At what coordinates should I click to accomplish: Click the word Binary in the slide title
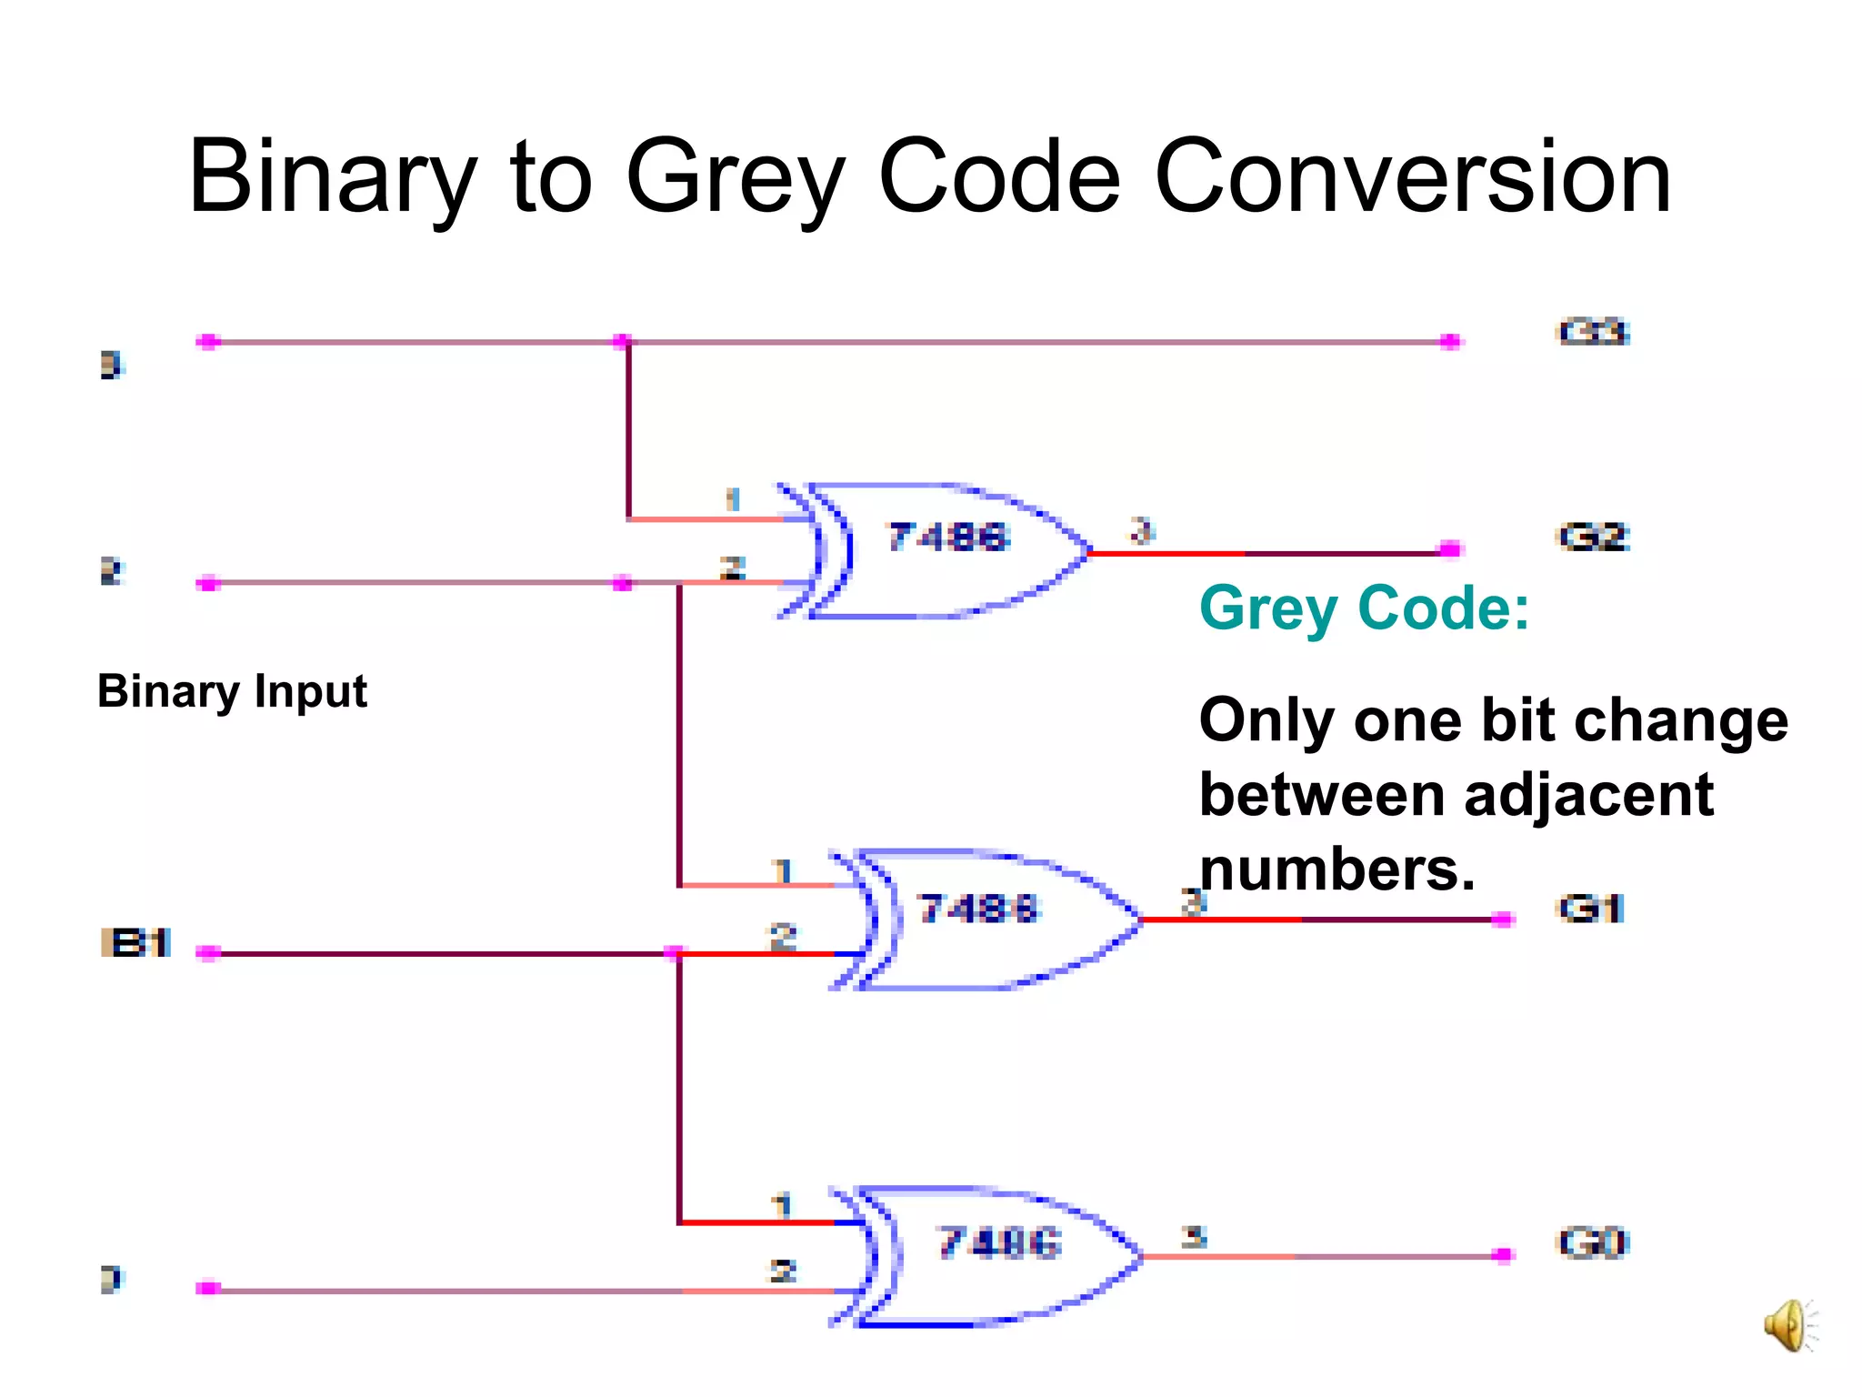[332, 177]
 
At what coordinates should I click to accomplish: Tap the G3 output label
[1594, 332]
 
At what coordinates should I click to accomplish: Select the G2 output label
[1594, 537]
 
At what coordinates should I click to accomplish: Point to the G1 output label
[1591, 909]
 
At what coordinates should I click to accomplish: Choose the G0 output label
[1594, 1242]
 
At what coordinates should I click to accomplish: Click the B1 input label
[136, 943]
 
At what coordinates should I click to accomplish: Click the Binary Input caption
[232, 691]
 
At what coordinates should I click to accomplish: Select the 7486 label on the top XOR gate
[949, 537]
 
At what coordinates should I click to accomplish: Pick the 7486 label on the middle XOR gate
[978, 909]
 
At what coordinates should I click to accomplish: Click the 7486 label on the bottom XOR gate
[1000, 1242]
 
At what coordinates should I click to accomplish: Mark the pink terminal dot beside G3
[1451, 342]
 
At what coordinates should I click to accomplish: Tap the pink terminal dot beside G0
[1504, 1255]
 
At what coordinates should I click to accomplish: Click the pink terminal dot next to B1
[208, 953]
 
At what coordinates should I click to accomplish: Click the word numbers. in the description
[1336, 869]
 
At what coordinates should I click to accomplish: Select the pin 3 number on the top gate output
[1142, 529]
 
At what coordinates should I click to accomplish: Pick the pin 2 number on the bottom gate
[783, 1271]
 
